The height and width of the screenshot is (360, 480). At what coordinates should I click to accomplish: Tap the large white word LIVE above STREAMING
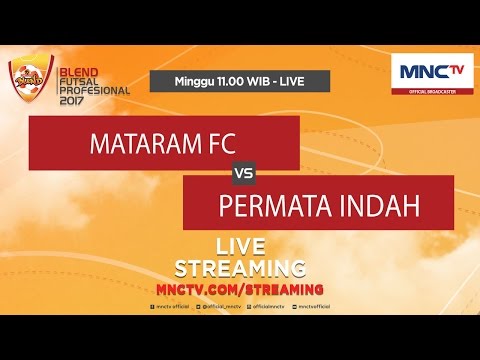pos(240,248)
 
